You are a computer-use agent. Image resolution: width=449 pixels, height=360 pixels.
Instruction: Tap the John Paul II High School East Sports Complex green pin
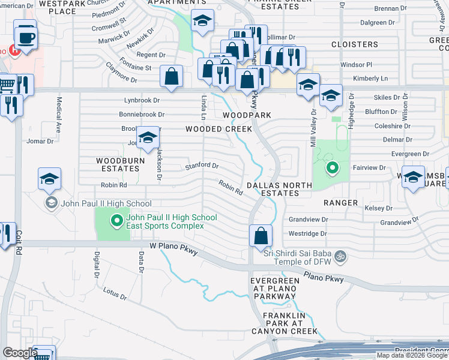(117, 221)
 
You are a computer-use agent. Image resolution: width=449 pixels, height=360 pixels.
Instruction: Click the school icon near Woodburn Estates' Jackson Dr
(147, 138)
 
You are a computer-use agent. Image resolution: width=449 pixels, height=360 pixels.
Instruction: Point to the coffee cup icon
(25, 37)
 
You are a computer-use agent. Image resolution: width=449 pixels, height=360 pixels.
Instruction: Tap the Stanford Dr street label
(201, 166)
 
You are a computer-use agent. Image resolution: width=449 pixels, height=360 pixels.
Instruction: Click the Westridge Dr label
(308, 233)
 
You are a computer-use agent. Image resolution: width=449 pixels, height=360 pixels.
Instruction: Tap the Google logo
(20, 353)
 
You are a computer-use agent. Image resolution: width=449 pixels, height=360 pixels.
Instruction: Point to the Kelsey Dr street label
(378, 208)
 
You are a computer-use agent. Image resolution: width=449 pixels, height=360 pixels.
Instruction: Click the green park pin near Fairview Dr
(330, 169)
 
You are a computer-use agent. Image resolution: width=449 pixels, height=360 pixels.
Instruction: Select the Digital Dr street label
(96, 265)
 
